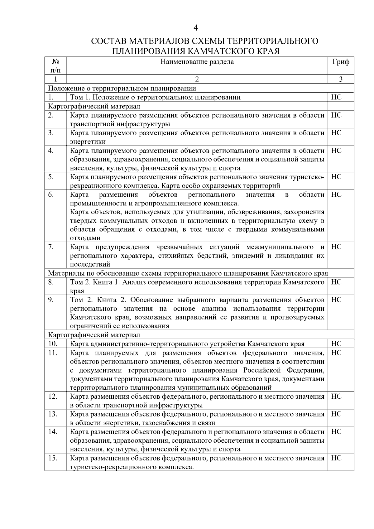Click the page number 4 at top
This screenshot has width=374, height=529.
[x=196, y=28]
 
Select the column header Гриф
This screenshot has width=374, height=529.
[x=341, y=62]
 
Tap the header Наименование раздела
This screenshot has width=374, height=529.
[x=197, y=62]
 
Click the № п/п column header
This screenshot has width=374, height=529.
[x=55, y=66]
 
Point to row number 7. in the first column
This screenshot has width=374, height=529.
[x=51, y=247]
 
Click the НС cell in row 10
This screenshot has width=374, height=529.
[x=336, y=344]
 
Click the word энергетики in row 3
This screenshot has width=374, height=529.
[x=88, y=142]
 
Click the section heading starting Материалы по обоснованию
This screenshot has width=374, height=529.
[x=188, y=273]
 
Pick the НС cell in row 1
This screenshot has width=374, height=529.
[x=336, y=97]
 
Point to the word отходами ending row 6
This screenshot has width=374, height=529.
[x=85, y=238]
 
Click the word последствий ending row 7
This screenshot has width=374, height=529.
[x=90, y=265]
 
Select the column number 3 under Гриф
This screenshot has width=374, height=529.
[x=341, y=79]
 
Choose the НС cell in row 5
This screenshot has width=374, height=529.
[x=336, y=177]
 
